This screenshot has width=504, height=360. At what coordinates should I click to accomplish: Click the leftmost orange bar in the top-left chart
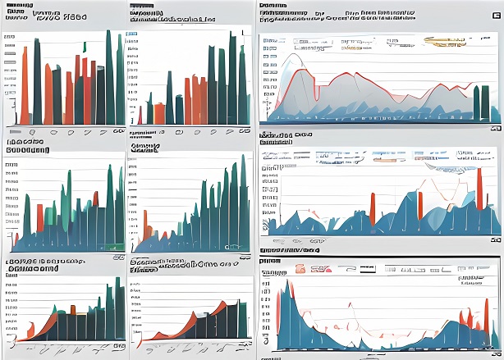(25, 85)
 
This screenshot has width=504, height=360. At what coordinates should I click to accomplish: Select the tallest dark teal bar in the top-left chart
(109, 78)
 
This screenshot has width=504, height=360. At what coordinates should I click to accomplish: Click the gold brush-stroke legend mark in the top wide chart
(447, 42)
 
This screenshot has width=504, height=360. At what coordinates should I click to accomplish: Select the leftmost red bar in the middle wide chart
(372, 208)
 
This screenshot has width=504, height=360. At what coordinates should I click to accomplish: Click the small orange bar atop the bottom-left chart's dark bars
(72, 309)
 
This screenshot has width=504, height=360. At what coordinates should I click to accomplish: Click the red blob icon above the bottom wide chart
(301, 267)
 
